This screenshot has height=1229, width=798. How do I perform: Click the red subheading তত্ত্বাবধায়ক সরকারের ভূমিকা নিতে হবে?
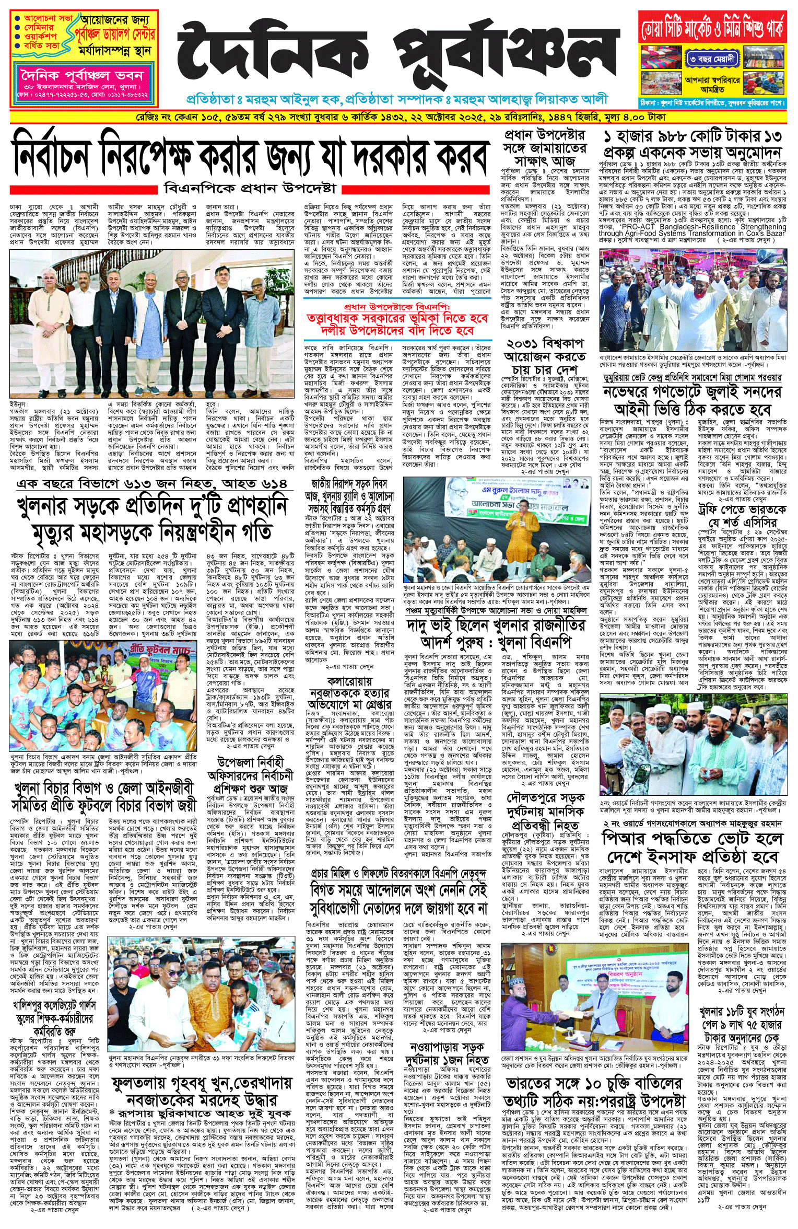coord(397,324)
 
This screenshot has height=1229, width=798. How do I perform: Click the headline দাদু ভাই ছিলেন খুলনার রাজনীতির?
coord(496,633)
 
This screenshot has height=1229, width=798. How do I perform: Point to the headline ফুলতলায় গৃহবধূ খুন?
coord(201,1091)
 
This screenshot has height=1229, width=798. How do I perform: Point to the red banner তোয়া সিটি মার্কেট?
coord(712,28)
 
